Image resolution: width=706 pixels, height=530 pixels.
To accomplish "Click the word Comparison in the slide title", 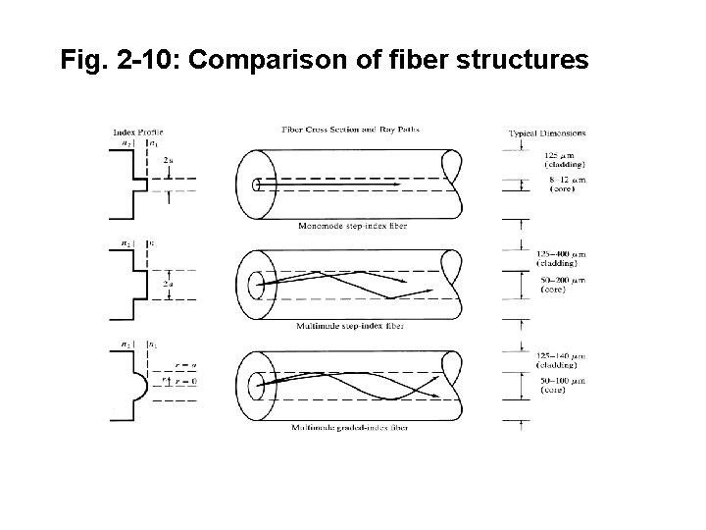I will pos(266,61).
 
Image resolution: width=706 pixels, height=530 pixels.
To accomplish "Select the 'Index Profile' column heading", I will pos(138,132).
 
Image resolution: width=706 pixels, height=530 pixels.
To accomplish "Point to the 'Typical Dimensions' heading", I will pos(547,132).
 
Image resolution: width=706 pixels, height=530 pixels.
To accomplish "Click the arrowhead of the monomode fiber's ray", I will pos(404,184).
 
